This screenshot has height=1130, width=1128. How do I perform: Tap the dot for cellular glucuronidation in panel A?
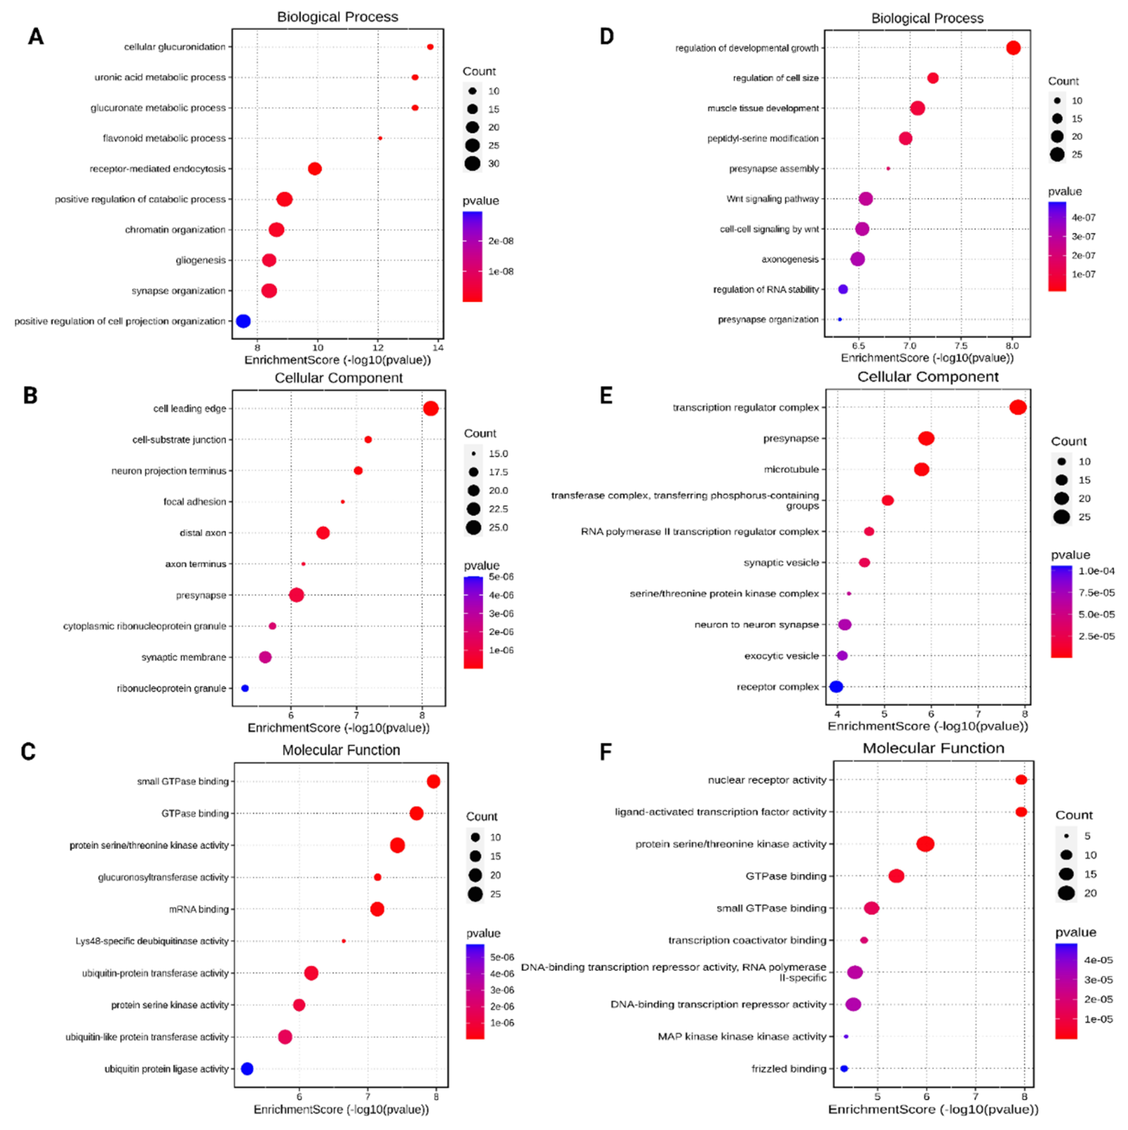click(x=431, y=47)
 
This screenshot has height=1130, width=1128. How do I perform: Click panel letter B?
click(x=30, y=395)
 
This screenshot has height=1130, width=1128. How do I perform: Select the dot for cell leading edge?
click(x=431, y=408)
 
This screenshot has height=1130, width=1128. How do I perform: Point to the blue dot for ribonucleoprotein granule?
click(x=245, y=688)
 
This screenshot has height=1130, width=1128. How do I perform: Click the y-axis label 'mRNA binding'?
click(x=199, y=909)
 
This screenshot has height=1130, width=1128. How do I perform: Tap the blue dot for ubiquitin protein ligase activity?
click(x=247, y=1069)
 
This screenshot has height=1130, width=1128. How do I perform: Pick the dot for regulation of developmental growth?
click(x=1013, y=48)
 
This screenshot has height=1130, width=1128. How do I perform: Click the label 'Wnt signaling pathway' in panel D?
click(x=773, y=199)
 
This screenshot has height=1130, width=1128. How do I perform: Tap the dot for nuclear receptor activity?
click(x=1021, y=780)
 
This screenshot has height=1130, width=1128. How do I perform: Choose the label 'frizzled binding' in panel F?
click(x=789, y=1069)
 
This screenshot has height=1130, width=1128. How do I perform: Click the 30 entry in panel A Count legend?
click(x=494, y=164)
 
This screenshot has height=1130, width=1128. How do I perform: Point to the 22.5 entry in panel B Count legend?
click(x=498, y=509)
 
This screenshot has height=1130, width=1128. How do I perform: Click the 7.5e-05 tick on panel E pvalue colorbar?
click(x=1096, y=593)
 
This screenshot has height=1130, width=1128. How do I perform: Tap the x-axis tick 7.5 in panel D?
click(x=961, y=346)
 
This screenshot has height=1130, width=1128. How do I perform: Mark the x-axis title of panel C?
click(x=342, y=1109)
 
